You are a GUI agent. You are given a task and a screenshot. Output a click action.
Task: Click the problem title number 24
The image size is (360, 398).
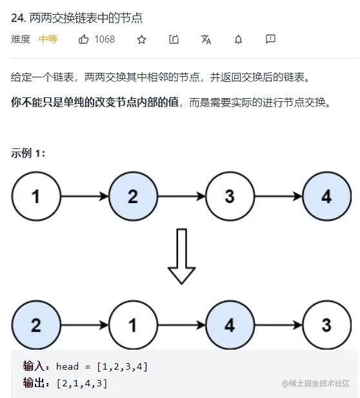click(19, 18)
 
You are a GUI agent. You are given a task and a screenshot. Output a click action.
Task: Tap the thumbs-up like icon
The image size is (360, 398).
click(83, 39)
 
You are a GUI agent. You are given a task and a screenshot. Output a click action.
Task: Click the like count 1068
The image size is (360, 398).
click(105, 39)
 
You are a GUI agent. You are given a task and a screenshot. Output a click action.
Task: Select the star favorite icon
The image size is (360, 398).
click(141, 39)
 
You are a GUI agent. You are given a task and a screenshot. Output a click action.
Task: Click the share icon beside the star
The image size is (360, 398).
click(174, 39)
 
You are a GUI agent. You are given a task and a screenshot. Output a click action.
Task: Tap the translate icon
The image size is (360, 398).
click(206, 39)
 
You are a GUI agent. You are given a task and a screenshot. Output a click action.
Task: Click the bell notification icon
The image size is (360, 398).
click(238, 39)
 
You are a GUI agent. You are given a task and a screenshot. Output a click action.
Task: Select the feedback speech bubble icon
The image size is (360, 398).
click(270, 39)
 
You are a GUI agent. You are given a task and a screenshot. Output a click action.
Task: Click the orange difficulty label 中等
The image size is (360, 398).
click(48, 39)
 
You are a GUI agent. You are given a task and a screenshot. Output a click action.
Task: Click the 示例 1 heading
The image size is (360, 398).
click(28, 154)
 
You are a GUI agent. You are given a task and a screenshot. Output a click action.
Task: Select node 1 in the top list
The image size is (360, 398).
click(36, 196)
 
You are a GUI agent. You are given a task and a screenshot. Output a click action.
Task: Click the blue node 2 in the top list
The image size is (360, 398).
click(133, 196)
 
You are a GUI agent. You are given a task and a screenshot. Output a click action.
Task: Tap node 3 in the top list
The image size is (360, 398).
click(230, 196)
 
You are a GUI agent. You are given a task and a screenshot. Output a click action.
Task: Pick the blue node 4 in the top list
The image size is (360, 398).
click(326, 196)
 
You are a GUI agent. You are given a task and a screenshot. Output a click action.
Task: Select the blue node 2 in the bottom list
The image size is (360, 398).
click(36, 325)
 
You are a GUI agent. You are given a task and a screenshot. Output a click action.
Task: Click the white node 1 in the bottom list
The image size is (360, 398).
click(133, 325)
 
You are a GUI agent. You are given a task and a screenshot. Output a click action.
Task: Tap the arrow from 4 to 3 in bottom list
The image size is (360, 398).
click(279, 325)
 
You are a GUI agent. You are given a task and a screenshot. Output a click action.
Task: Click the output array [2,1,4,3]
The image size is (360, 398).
click(82, 383)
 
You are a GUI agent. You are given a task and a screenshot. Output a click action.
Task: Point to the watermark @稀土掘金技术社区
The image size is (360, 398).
click(315, 383)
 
